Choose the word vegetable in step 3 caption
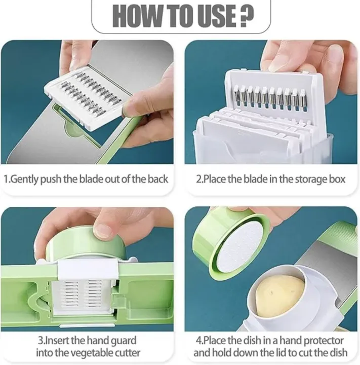tap(88, 352)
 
